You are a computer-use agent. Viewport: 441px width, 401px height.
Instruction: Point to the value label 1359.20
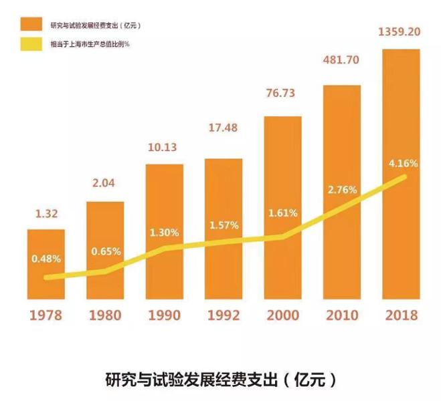(x=400, y=31)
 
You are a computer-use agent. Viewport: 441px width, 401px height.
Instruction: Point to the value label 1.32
(x=46, y=215)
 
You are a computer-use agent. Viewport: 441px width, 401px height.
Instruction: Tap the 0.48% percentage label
(x=46, y=258)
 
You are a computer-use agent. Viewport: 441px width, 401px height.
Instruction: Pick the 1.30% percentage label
(x=165, y=233)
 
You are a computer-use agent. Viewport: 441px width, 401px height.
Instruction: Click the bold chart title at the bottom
(x=220, y=379)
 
